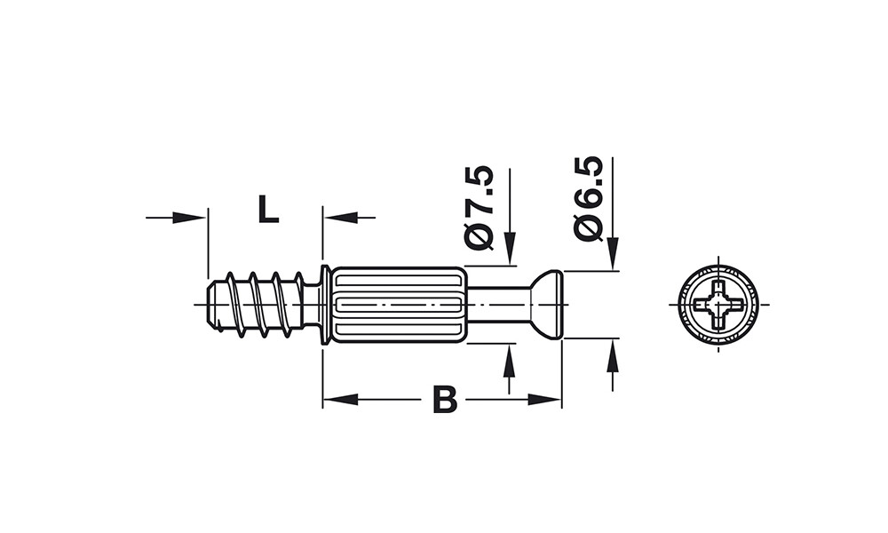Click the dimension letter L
click(x=268, y=209)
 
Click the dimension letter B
click(x=445, y=400)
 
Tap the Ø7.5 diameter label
click(x=480, y=207)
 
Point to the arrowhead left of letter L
click(x=188, y=218)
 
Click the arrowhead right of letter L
click(x=341, y=218)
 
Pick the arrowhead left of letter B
click(x=340, y=400)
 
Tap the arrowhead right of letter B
click(x=544, y=400)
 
